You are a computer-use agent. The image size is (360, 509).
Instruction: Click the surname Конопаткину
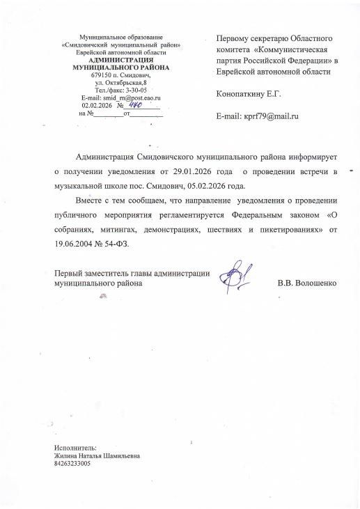tap(244, 92)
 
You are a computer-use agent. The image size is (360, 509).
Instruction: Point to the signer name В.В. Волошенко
tap(307, 283)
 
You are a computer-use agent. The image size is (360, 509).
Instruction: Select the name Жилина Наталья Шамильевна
tap(97, 455)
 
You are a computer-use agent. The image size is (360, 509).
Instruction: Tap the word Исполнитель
tap(75, 448)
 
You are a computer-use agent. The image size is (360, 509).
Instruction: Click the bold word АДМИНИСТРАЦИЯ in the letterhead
tap(121, 60)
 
